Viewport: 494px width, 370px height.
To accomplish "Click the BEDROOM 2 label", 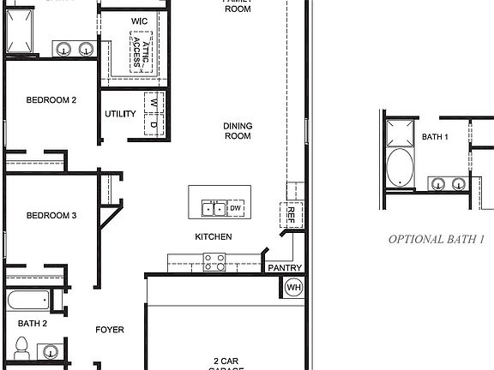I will click(x=51, y=100).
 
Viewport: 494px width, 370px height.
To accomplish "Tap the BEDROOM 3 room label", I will click(x=51, y=216).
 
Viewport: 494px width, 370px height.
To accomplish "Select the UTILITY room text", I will click(x=120, y=114).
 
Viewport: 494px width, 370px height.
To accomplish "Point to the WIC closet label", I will click(x=140, y=21).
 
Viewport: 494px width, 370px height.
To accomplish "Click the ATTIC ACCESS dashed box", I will click(x=141, y=53).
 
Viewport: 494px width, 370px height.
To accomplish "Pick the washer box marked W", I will click(x=154, y=102).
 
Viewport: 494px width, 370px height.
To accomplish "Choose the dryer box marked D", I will click(x=154, y=125).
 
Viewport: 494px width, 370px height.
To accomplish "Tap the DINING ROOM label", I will click(x=238, y=131).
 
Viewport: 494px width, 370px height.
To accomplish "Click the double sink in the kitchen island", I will click(x=213, y=208).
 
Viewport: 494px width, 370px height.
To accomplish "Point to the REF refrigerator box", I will click(x=292, y=213).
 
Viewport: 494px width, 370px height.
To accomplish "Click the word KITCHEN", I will click(x=214, y=236).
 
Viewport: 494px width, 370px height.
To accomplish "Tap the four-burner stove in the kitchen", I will click(x=214, y=262).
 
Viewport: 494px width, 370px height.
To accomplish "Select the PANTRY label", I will click(x=285, y=268).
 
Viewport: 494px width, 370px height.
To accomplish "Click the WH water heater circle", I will click(x=293, y=287).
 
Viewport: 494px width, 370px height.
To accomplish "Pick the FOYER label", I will click(x=110, y=330).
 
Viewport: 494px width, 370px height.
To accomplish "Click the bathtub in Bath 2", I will click(x=27, y=301).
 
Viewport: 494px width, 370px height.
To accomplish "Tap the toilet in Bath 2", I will click(x=23, y=349).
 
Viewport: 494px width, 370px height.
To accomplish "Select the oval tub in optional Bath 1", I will click(x=400, y=168).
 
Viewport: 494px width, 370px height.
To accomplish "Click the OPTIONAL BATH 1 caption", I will click(x=437, y=239).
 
